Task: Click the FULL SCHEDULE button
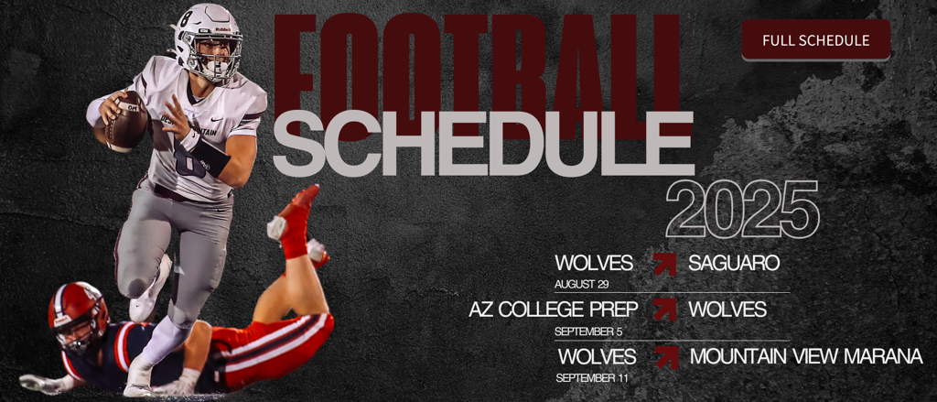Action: (x=815, y=40)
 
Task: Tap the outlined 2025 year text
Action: (x=741, y=210)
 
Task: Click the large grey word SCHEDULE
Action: (x=483, y=143)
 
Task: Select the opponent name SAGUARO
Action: (x=734, y=263)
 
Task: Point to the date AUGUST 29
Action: (x=581, y=284)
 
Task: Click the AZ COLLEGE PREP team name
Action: (x=554, y=310)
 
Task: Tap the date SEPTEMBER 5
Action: (x=584, y=331)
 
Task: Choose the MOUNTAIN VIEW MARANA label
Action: (x=806, y=356)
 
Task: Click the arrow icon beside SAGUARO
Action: (x=664, y=264)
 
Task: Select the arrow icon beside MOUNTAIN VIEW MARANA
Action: (x=667, y=357)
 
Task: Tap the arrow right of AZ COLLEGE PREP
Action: (x=664, y=310)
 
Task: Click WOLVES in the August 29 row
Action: (x=593, y=263)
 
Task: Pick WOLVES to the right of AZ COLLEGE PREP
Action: (x=727, y=310)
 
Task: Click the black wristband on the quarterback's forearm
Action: (x=210, y=157)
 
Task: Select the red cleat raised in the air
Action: (x=296, y=222)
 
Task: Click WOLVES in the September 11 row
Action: (x=597, y=356)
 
